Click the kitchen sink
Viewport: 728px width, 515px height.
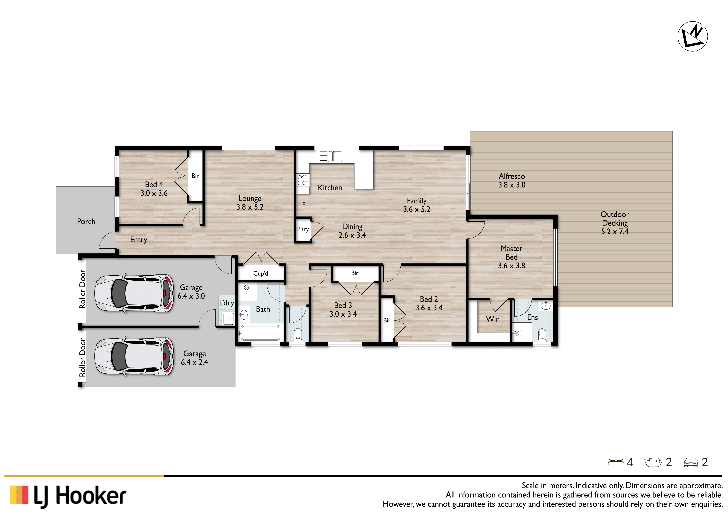click(335, 157)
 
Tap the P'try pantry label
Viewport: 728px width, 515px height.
click(303, 229)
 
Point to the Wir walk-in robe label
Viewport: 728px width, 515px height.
click(492, 319)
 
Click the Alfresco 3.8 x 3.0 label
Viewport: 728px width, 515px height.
click(512, 180)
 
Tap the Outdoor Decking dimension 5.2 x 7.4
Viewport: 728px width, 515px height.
click(615, 231)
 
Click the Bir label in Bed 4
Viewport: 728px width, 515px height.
click(195, 176)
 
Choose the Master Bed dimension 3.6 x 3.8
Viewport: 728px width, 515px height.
click(511, 266)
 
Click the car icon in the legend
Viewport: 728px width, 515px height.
click(691, 462)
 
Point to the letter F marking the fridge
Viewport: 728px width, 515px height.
click(304, 204)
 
